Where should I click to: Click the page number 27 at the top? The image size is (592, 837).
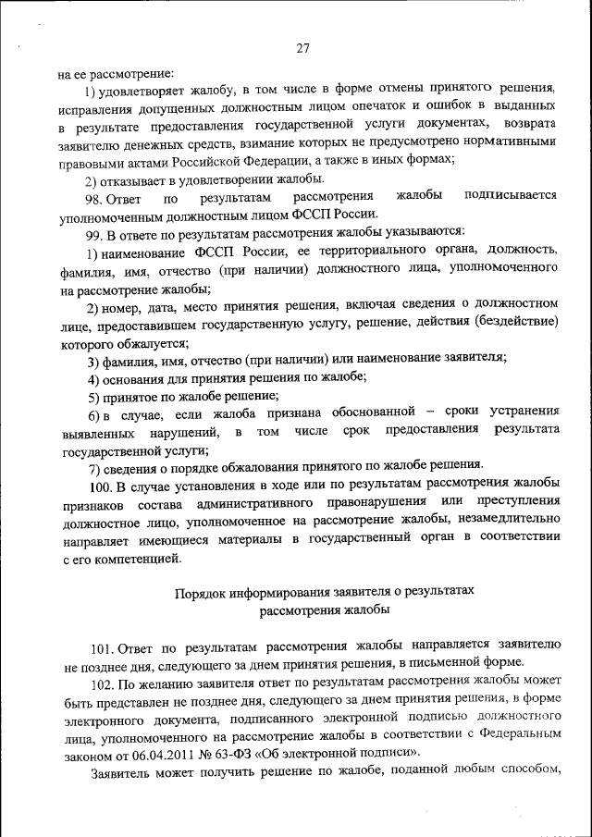tap(302, 49)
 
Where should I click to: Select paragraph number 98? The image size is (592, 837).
tap(94, 196)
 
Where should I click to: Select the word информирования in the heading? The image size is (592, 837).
tap(281, 591)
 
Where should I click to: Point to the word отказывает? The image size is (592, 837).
tap(141, 178)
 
